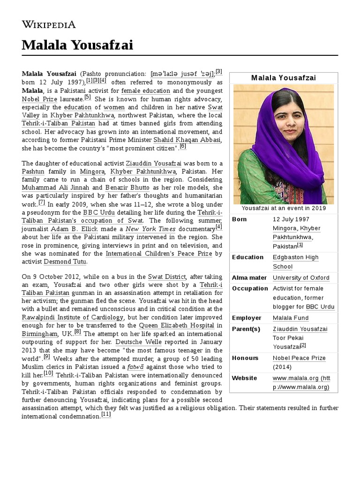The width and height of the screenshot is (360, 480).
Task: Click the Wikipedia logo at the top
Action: click(49, 24)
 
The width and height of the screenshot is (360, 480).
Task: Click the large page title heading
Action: click(77, 45)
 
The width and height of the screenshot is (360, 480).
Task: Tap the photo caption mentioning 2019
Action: click(283, 208)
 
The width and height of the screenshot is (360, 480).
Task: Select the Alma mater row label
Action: click(249, 277)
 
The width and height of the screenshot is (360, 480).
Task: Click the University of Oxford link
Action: click(301, 277)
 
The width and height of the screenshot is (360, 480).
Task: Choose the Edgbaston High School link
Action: click(295, 262)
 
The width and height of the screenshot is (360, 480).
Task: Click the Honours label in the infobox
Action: click(245, 358)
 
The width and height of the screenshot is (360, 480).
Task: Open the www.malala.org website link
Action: click(301, 382)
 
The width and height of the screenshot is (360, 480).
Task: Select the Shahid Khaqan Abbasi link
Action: click(187, 140)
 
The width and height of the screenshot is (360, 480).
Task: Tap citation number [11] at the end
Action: click(106, 414)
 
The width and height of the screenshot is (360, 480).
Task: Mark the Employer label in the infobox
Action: click(247, 318)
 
